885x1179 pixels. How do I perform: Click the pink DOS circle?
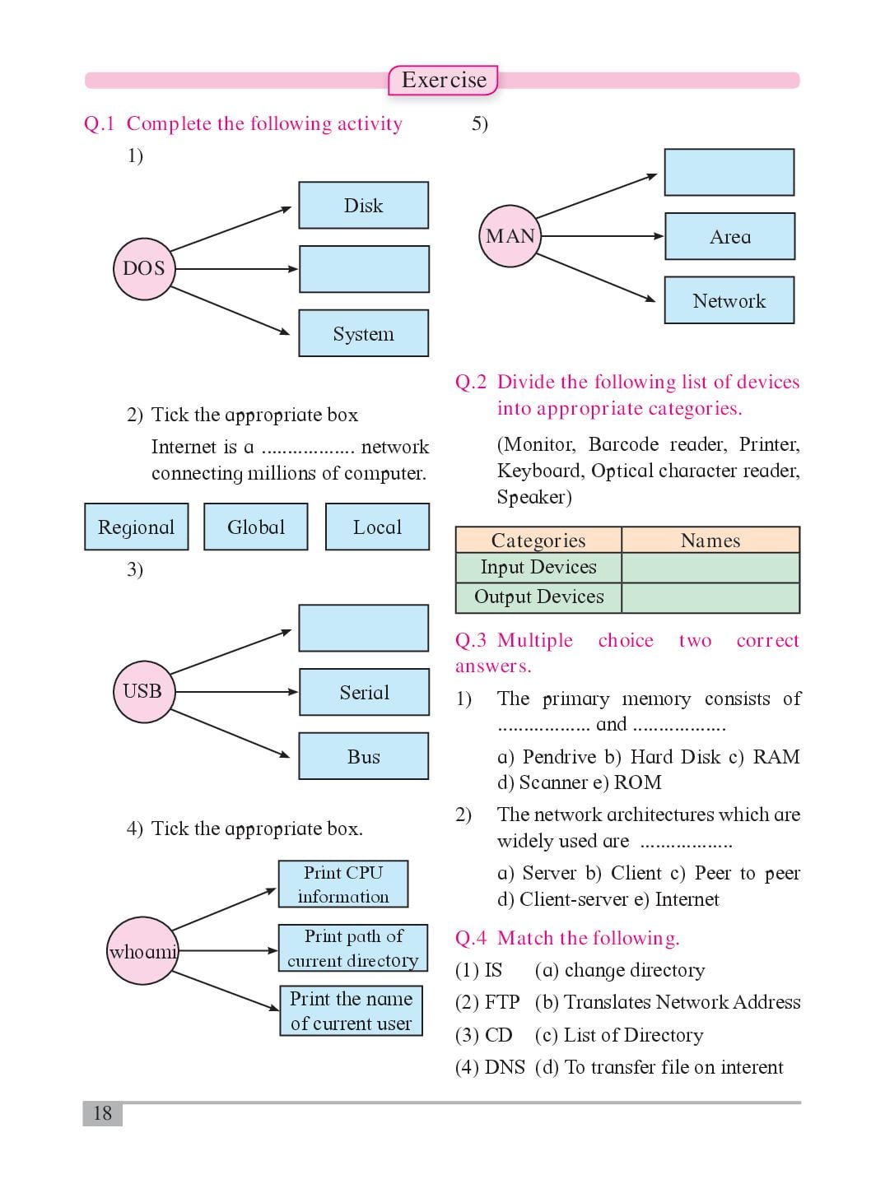[144, 268]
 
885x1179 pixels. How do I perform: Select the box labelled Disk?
[364, 205]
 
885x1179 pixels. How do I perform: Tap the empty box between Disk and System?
[365, 269]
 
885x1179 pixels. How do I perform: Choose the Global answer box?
[256, 527]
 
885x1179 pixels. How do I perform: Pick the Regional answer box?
[137, 527]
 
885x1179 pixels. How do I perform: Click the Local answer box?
[377, 527]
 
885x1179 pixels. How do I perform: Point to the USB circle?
[144, 692]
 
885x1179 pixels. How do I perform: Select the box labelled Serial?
[365, 692]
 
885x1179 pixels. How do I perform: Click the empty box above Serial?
[364, 628]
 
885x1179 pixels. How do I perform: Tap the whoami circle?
[142, 951]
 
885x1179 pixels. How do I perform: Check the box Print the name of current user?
[351, 1010]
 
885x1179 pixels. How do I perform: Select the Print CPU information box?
[343, 884]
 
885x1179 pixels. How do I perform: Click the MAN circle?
[510, 236]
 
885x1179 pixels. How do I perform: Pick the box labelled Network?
[729, 300]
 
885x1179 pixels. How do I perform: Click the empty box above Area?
[729, 173]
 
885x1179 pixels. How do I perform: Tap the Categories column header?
[538, 540]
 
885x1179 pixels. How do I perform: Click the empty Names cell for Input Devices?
[710, 568]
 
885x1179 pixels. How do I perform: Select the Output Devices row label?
[538, 597]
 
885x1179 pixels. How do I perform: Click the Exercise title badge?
[444, 80]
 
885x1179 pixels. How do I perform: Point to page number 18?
[103, 1113]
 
